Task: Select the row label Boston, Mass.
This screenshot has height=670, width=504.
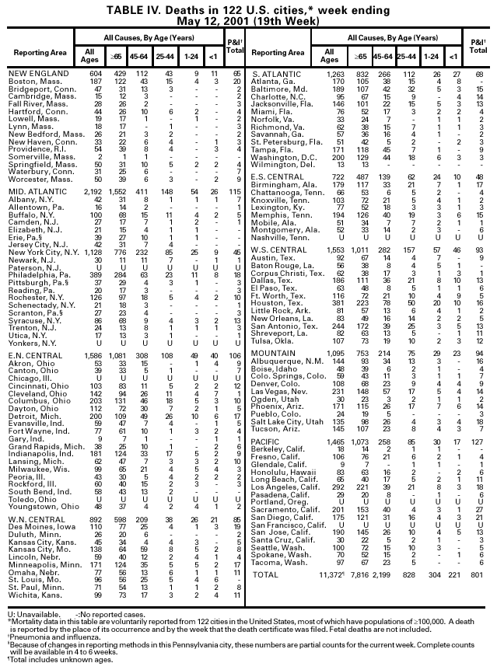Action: [33, 81]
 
